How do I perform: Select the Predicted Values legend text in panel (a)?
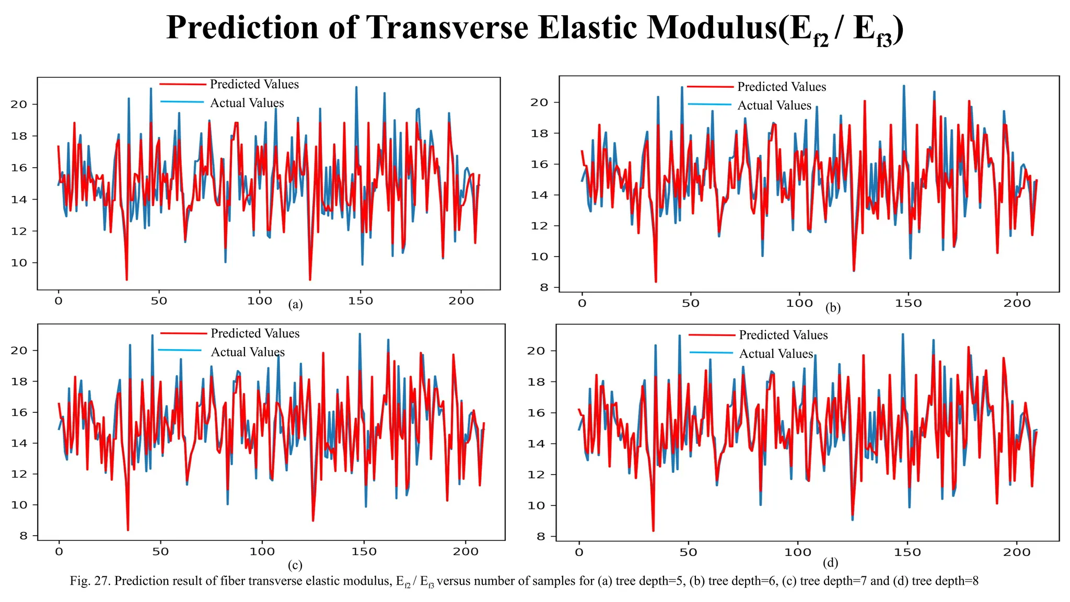pyautogui.click(x=254, y=84)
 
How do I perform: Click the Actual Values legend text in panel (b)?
pyautogui.click(x=774, y=106)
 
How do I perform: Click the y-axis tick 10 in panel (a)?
pyautogui.click(x=19, y=263)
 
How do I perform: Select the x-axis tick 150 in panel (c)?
pyautogui.click(x=364, y=551)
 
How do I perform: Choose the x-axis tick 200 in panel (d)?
pyautogui.click(x=1017, y=552)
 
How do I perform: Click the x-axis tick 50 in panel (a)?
pyautogui.click(x=159, y=301)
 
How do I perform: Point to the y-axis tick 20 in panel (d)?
pyautogui.click(x=536, y=351)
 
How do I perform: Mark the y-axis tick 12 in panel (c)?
pyautogui.click(x=19, y=474)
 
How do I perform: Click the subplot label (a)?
pyautogui.click(x=295, y=305)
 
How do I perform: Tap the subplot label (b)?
pyautogui.click(x=833, y=308)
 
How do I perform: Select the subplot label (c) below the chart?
pyautogui.click(x=295, y=565)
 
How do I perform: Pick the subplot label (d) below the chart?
pyautogui.click(x=830, y=563)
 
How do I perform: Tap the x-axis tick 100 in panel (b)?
pyautogui.click(x=799, y=304)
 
